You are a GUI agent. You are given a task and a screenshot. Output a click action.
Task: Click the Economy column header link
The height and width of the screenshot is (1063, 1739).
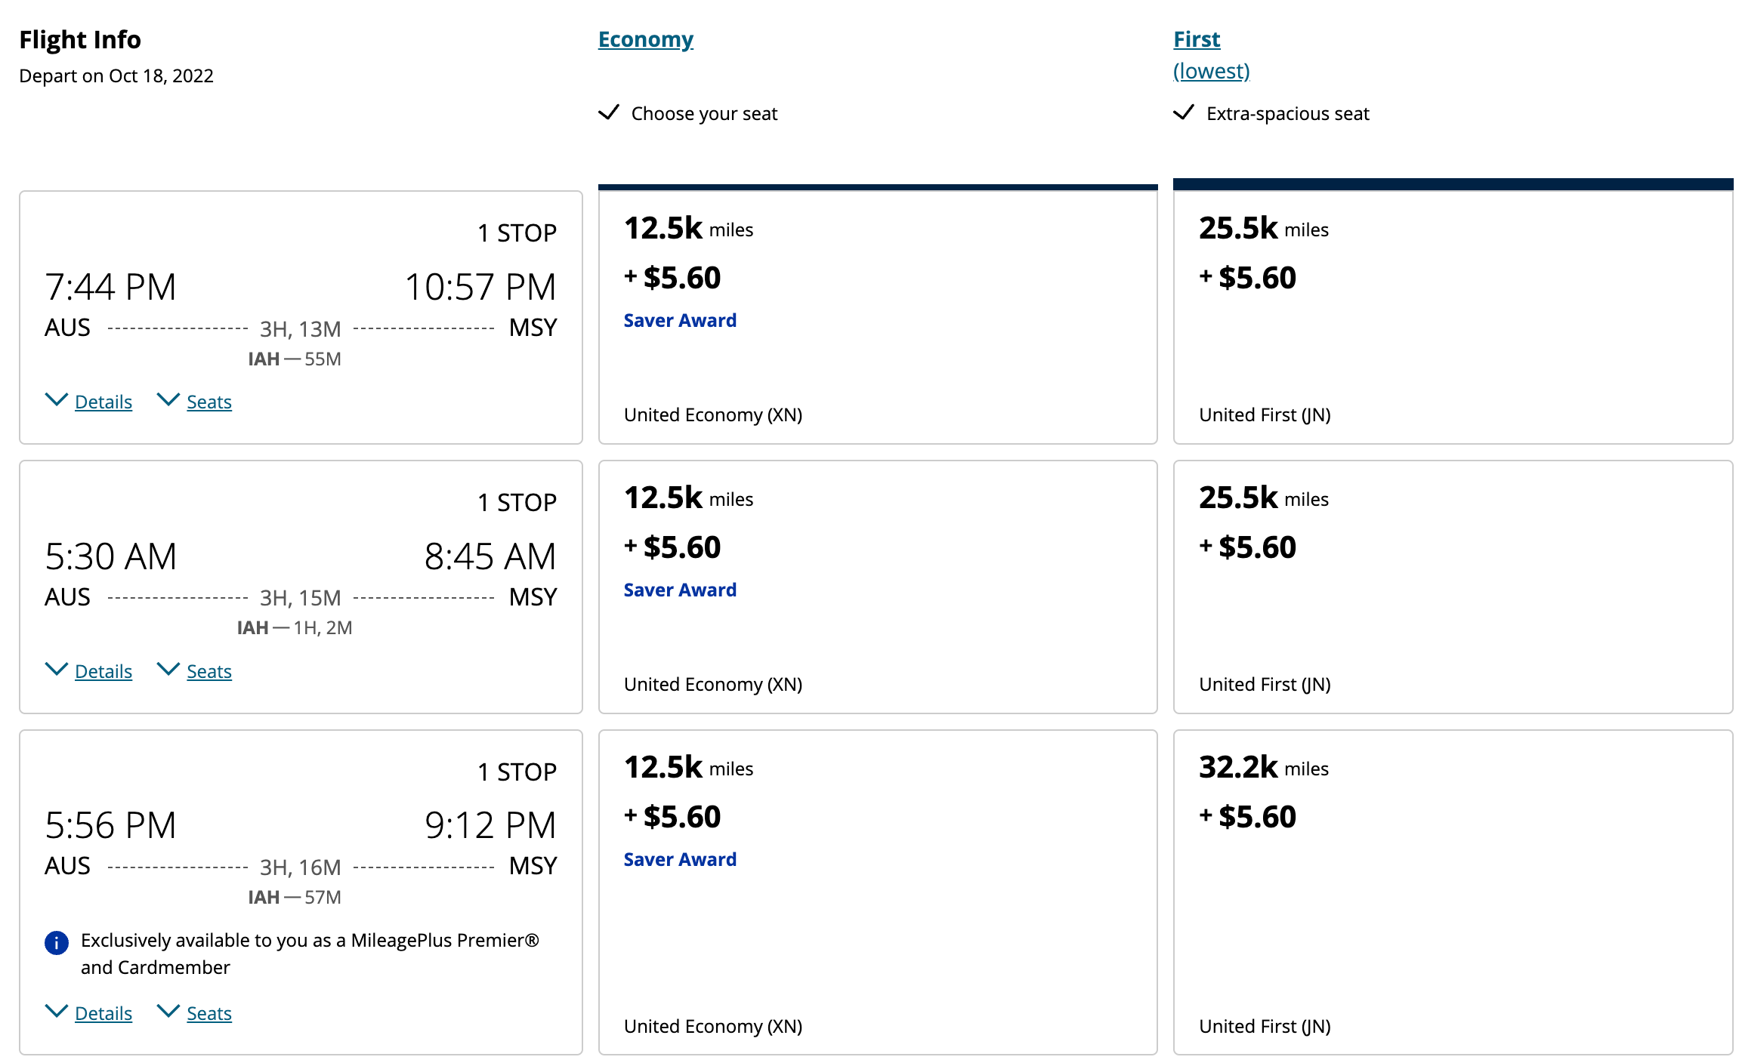[x=645, y=39]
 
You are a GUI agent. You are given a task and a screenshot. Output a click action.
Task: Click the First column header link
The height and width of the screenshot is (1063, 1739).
[x=1196, y=39]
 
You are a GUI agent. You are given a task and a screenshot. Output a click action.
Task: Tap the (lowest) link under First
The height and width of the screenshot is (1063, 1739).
[x=1211, y=71]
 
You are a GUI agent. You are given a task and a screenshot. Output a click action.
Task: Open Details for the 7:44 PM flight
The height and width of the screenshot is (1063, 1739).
[x=103, y=402]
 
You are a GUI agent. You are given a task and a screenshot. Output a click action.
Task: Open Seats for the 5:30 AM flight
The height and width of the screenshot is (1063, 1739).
[x=208, y=671]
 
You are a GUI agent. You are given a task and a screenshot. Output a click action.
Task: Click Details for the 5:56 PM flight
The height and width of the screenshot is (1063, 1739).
[x=103, y=1013]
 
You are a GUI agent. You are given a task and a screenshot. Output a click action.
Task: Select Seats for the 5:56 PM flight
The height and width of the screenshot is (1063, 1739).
[x=208, y=1013]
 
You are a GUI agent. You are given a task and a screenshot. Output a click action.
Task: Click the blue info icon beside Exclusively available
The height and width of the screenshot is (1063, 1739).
[x=57, y=942]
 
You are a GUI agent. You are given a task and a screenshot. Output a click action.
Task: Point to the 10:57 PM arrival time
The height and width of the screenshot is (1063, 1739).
[x=480, y=287]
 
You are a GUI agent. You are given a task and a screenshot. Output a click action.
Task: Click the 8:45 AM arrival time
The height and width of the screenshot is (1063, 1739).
[x=490, y=556]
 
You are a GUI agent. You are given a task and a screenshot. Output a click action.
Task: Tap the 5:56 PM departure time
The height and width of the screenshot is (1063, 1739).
[x=110, y=825]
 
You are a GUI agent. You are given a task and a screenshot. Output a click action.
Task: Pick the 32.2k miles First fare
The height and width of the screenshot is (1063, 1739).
[x=1263, y=768]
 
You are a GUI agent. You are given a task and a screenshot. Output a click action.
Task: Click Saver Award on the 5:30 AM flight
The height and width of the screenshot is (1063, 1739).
[x=680, y=590]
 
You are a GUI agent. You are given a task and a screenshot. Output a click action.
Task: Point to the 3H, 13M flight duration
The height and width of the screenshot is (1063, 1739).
[x=300, y=329]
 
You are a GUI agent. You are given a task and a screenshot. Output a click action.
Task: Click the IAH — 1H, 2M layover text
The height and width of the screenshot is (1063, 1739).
[x=295, y=627]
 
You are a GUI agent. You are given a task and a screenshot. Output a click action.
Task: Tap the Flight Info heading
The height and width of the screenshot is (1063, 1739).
[x=80, y=39]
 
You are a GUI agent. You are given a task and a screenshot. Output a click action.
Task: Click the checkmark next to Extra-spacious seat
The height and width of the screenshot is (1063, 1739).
[x=1183, y=113]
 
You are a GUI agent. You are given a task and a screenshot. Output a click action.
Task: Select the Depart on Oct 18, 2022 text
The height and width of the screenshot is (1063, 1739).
[x=116, y=75]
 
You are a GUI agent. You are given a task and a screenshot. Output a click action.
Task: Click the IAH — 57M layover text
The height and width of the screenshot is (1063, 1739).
[x=295, y=897]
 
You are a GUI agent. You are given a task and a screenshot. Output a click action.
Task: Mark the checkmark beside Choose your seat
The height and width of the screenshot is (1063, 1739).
[x=608, y=113]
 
